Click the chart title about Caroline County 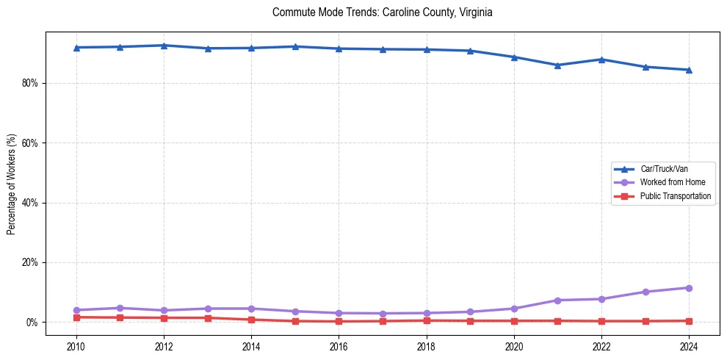(x=382, y=12)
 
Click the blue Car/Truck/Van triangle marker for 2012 (x=164, y=46)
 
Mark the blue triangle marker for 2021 (x=557, y=65)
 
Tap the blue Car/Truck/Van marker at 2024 (x=689, y=70)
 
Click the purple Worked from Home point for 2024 (x=689, y=288)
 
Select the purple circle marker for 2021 (x=557, y=300)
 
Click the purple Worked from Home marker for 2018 (x=427, y=313)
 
